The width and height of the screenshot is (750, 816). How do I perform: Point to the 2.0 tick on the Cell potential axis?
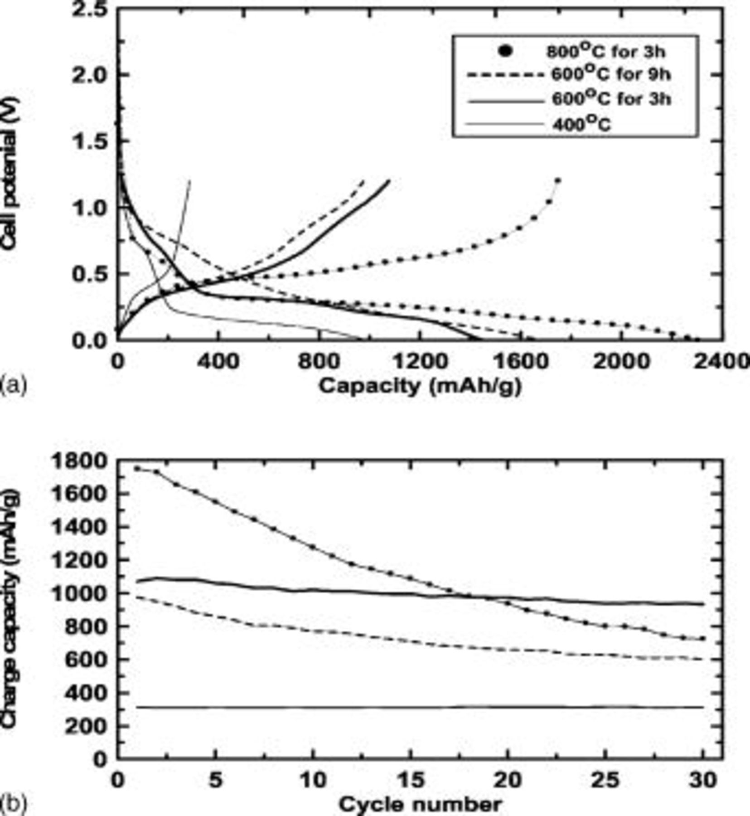click(90, 74)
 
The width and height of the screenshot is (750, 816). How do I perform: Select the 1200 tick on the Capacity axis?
click(421, 362)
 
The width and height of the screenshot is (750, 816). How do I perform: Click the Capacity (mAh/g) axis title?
click(420, 386)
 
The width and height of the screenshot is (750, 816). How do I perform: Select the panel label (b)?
click(14, 803)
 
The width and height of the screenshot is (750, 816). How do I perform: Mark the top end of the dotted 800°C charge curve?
click(557, 180)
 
